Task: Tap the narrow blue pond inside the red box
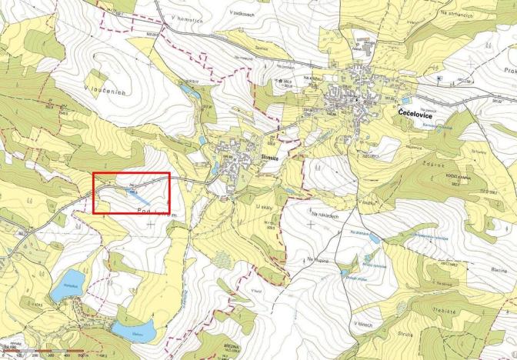click(x=125, y=187)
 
